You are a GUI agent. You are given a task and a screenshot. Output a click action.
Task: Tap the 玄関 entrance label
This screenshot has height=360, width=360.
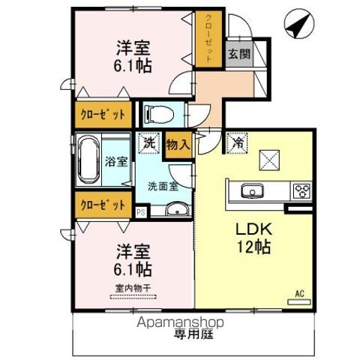[x=239, y=54]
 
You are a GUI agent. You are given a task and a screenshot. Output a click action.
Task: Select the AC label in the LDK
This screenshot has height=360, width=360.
[x=299, y=294]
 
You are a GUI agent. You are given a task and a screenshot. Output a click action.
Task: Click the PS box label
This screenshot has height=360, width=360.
[x=141, y=212]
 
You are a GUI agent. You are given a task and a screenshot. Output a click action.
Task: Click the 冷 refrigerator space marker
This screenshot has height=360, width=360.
[x=237, y=140]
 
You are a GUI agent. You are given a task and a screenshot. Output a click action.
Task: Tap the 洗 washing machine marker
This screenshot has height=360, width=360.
[x=148, y=141]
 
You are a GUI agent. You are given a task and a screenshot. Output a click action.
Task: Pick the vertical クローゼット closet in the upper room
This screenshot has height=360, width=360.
[x=203, y=38]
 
